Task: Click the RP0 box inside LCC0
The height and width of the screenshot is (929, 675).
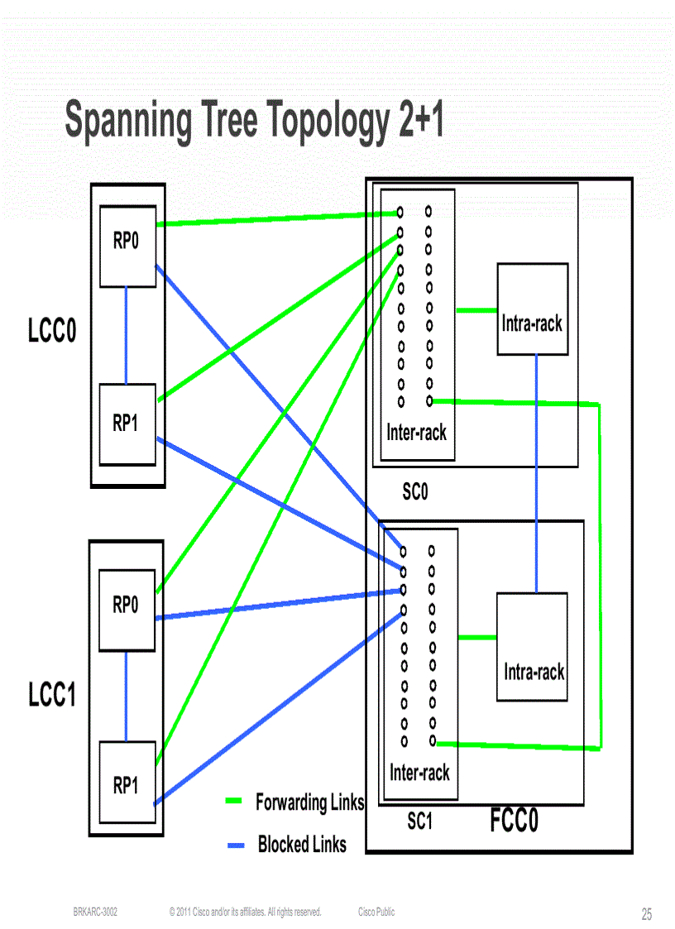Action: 127,246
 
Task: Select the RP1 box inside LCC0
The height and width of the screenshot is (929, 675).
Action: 127,424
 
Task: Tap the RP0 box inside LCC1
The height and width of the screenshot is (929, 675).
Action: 127,610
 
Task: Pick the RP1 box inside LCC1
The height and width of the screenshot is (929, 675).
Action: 127,782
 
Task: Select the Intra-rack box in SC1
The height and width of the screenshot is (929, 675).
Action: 533,646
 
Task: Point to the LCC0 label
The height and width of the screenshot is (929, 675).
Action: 52,332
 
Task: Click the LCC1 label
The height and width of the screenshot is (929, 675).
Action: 52,696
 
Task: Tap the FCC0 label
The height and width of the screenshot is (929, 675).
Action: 514,821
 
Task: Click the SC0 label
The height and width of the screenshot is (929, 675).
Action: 415,492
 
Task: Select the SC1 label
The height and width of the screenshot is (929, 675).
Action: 419,821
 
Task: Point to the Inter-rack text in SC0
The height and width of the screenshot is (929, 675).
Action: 416,432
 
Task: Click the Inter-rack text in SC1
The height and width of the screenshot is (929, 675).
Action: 419,773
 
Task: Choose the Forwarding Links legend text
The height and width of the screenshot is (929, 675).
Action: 309,802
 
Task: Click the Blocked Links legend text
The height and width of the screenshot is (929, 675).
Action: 302,845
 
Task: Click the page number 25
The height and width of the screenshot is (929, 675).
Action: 646,914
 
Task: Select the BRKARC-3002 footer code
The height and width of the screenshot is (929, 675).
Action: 95,912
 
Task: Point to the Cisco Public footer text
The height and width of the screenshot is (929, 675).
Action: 376,912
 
